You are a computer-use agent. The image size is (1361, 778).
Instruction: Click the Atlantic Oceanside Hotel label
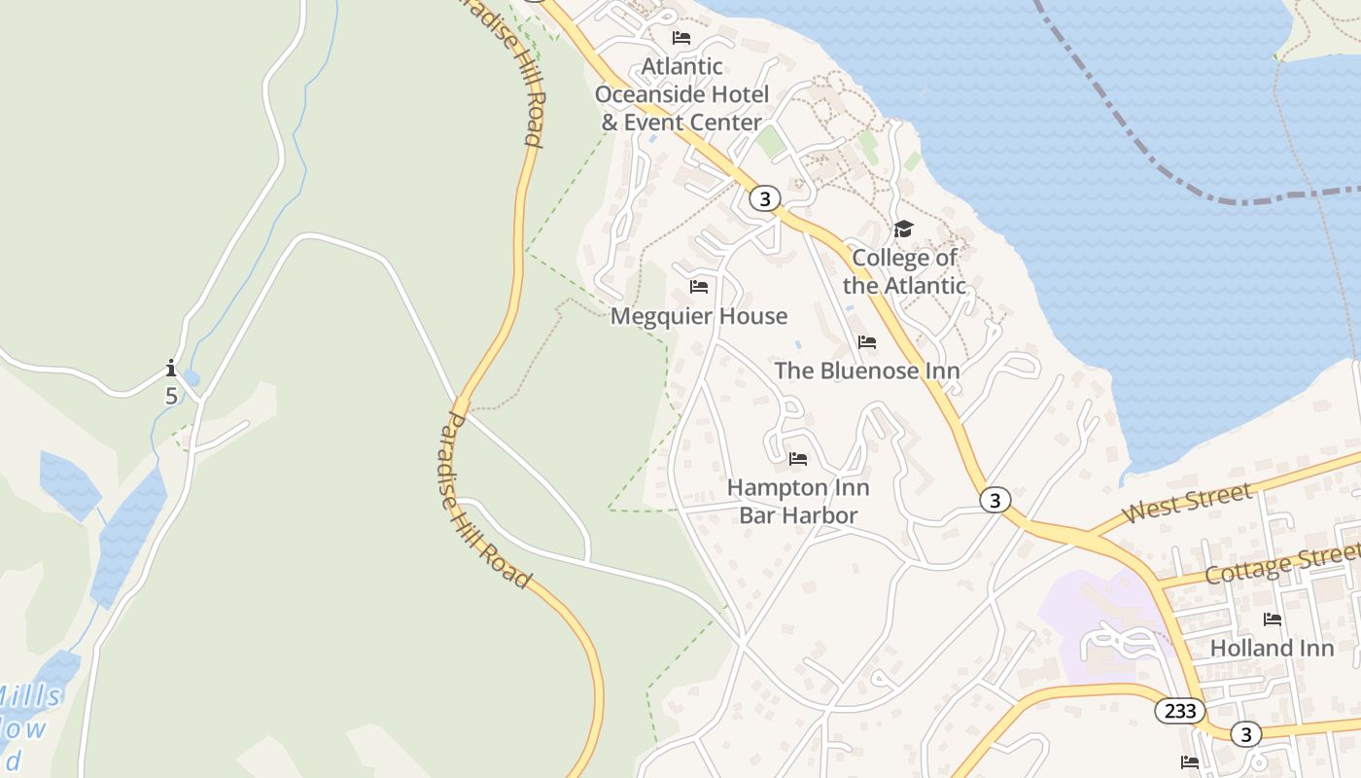(x=681, y=94)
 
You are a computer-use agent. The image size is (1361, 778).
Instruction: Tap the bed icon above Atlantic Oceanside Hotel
(x=681, y=38)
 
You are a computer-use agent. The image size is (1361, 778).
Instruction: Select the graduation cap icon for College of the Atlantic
(x=903, y=230)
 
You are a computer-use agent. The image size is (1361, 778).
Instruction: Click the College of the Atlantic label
(x=903, y=271)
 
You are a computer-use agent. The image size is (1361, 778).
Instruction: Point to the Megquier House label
(x=698, y=316)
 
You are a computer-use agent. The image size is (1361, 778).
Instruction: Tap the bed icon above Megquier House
(x=698, y=287)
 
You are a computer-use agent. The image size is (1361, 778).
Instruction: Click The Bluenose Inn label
(x=866, y=371)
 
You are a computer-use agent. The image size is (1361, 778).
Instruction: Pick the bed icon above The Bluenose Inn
(x=866, y=342)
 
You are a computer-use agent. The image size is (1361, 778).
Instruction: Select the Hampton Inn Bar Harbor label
(x=798, y=501)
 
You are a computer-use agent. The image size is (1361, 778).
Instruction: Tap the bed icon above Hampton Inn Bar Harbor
(x=798, y=459)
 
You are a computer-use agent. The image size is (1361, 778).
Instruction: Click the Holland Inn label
(x=1272, y=648)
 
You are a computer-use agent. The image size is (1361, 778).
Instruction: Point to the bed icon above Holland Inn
(x=1272, y=619)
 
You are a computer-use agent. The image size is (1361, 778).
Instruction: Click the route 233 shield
(x=1180, y=711)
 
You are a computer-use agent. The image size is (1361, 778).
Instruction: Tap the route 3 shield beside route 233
(x=1245, y=733)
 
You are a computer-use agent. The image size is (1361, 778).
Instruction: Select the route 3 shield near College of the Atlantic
(x=765, y=199)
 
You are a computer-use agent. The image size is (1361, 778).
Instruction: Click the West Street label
(x=1186, y=504)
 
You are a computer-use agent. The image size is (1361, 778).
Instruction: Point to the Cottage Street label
(x=1281, y=563)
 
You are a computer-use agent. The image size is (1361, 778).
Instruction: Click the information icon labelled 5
(x=171, y=369)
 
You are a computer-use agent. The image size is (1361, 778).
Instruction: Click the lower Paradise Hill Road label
(x=484, y=501)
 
